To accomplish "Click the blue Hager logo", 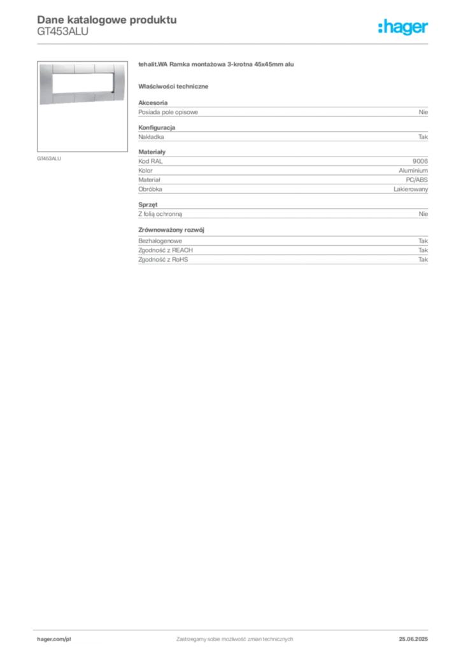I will pos(404,28).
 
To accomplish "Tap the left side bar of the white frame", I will pos(45,83).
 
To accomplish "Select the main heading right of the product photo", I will pos(216,66).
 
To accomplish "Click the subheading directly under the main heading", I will pos(176,86).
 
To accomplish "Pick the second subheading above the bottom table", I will pos(173,229).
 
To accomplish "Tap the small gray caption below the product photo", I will pos(51,158).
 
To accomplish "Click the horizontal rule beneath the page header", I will pos(234,43).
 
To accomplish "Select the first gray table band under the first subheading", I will pos(283,112).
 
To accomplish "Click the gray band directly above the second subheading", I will pos(283,211).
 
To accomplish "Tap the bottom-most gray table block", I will pos(283,256).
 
